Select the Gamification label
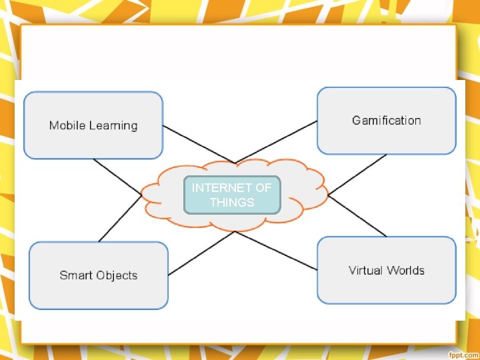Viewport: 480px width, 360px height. click(387, 121)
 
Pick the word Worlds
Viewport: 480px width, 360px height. click(407, 270)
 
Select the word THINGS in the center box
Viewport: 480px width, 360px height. click(232, 202)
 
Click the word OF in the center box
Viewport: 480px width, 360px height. click(263, 188)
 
